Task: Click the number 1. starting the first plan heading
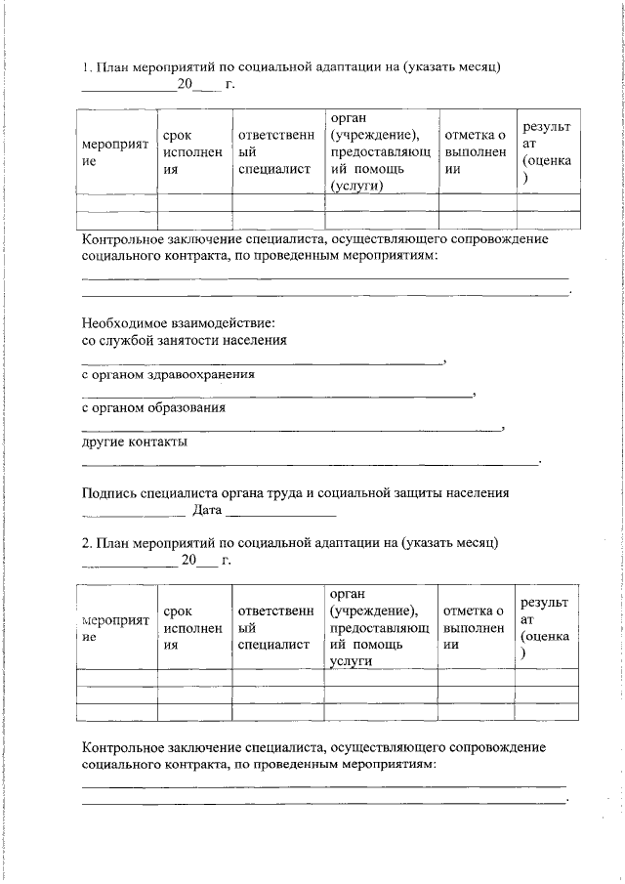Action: [86, 67]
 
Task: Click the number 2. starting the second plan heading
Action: [86, 541]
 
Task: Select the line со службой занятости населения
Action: [184, 340]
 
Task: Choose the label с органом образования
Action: [153, 408]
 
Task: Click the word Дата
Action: [208, 510]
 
